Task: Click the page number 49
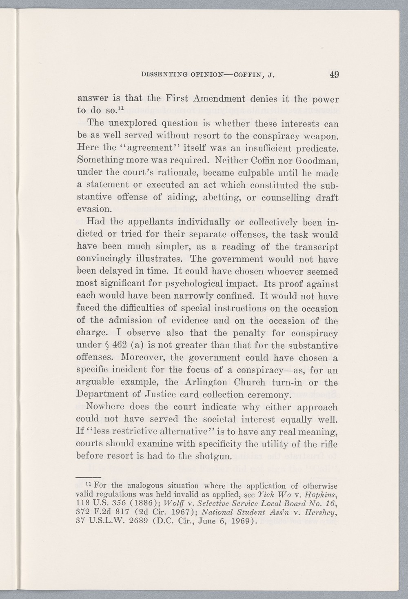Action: (335, 75)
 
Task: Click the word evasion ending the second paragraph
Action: (94, 209)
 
